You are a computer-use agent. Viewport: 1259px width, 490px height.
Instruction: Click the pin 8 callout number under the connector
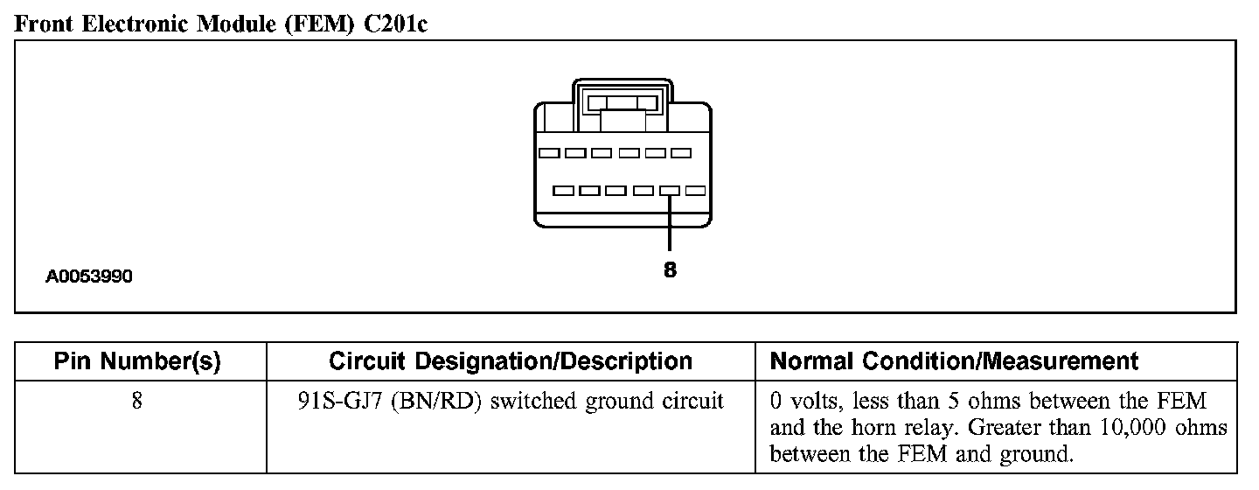click(x=670, y=270)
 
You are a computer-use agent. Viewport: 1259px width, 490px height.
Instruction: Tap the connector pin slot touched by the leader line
click(x=670, y=190)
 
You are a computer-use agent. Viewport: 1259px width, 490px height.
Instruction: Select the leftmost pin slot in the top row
click(x=549, y=153)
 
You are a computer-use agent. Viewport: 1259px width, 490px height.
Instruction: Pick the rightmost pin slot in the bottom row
click(x=696, y=190)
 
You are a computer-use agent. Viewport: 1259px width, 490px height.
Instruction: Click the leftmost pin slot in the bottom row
click(x=564, y=190)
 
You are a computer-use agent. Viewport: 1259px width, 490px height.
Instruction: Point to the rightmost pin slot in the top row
click(x=681, y=153)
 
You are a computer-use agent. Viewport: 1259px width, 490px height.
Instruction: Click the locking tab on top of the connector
click(x=623, y=103)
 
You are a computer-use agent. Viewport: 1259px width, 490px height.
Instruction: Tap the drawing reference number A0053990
click(x=89, y=277)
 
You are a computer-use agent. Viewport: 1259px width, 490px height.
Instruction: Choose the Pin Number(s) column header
click(x=137, y=361)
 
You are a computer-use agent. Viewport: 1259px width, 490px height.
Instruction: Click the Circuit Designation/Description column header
click(x=511, y=361)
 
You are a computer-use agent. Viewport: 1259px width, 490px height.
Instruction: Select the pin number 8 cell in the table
click(x=137, y=402)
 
